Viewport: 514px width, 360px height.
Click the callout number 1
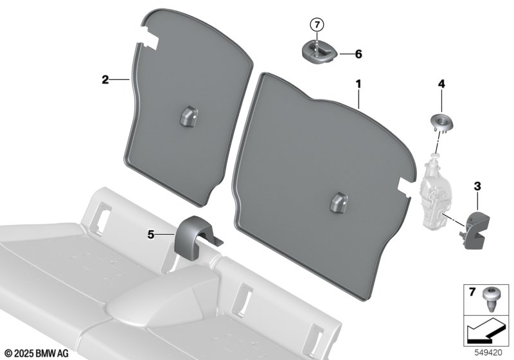click(359, 84)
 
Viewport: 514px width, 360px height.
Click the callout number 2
click(105, 80)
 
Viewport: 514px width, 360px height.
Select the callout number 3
click(477, 186)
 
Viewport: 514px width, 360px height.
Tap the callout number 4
click(441, 84)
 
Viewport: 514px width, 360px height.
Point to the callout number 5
click(151, 235)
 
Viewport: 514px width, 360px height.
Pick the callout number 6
click(359, 54)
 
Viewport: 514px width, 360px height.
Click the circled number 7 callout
click(317, 24)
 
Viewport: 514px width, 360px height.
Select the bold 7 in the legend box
click(472, 292)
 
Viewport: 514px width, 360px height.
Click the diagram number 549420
click(488, 353)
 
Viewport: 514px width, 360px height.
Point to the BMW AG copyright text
click(37, 354)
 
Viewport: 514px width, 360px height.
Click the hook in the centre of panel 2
click(188, 116)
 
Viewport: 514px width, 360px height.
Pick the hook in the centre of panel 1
click(339, 203)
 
